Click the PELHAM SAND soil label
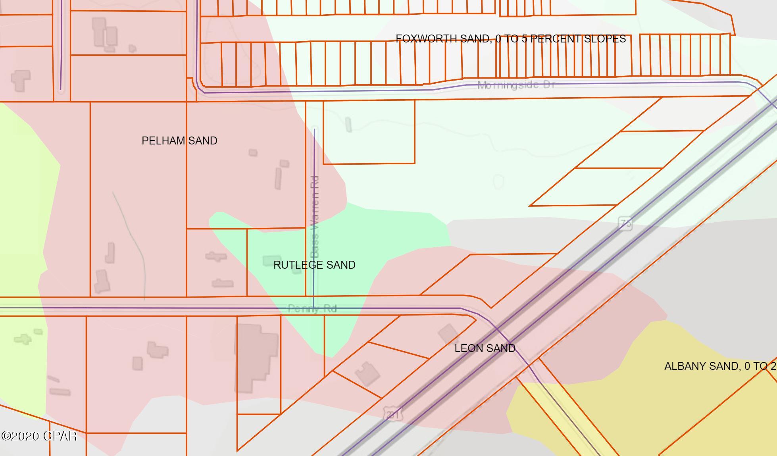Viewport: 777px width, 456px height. [x=179, y=141]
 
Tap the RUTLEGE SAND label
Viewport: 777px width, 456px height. [x=314, y=265]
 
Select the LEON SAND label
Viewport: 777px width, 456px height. [x=485, y=348]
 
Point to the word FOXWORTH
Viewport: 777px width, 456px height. [x=423, y=39]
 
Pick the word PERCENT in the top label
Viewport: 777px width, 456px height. [x=556, y=39]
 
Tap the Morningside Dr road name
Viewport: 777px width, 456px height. [x=516, y=85]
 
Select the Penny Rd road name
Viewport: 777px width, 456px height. [x=312, y=309]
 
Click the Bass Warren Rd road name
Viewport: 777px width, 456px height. [x=315, y=217]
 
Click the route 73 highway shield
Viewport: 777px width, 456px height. [x=625, y=224]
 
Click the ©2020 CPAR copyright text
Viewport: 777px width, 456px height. [x=39, y=436]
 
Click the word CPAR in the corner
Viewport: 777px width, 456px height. [x=60, y=436]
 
